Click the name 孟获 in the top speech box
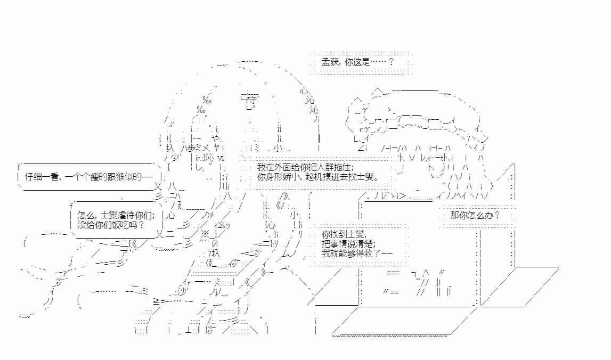[x=330, y=62]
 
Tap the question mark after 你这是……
[x=391, y=62]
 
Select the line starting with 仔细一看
[x=89, y=177]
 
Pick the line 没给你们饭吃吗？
[x=111, y=225]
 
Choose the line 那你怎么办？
[x=475, y=215]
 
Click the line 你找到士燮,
[x=344, y=234]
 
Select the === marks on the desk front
[x=393, y=273]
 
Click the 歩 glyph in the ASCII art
[x=192, y=149]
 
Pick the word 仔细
[x=33, y=177]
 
